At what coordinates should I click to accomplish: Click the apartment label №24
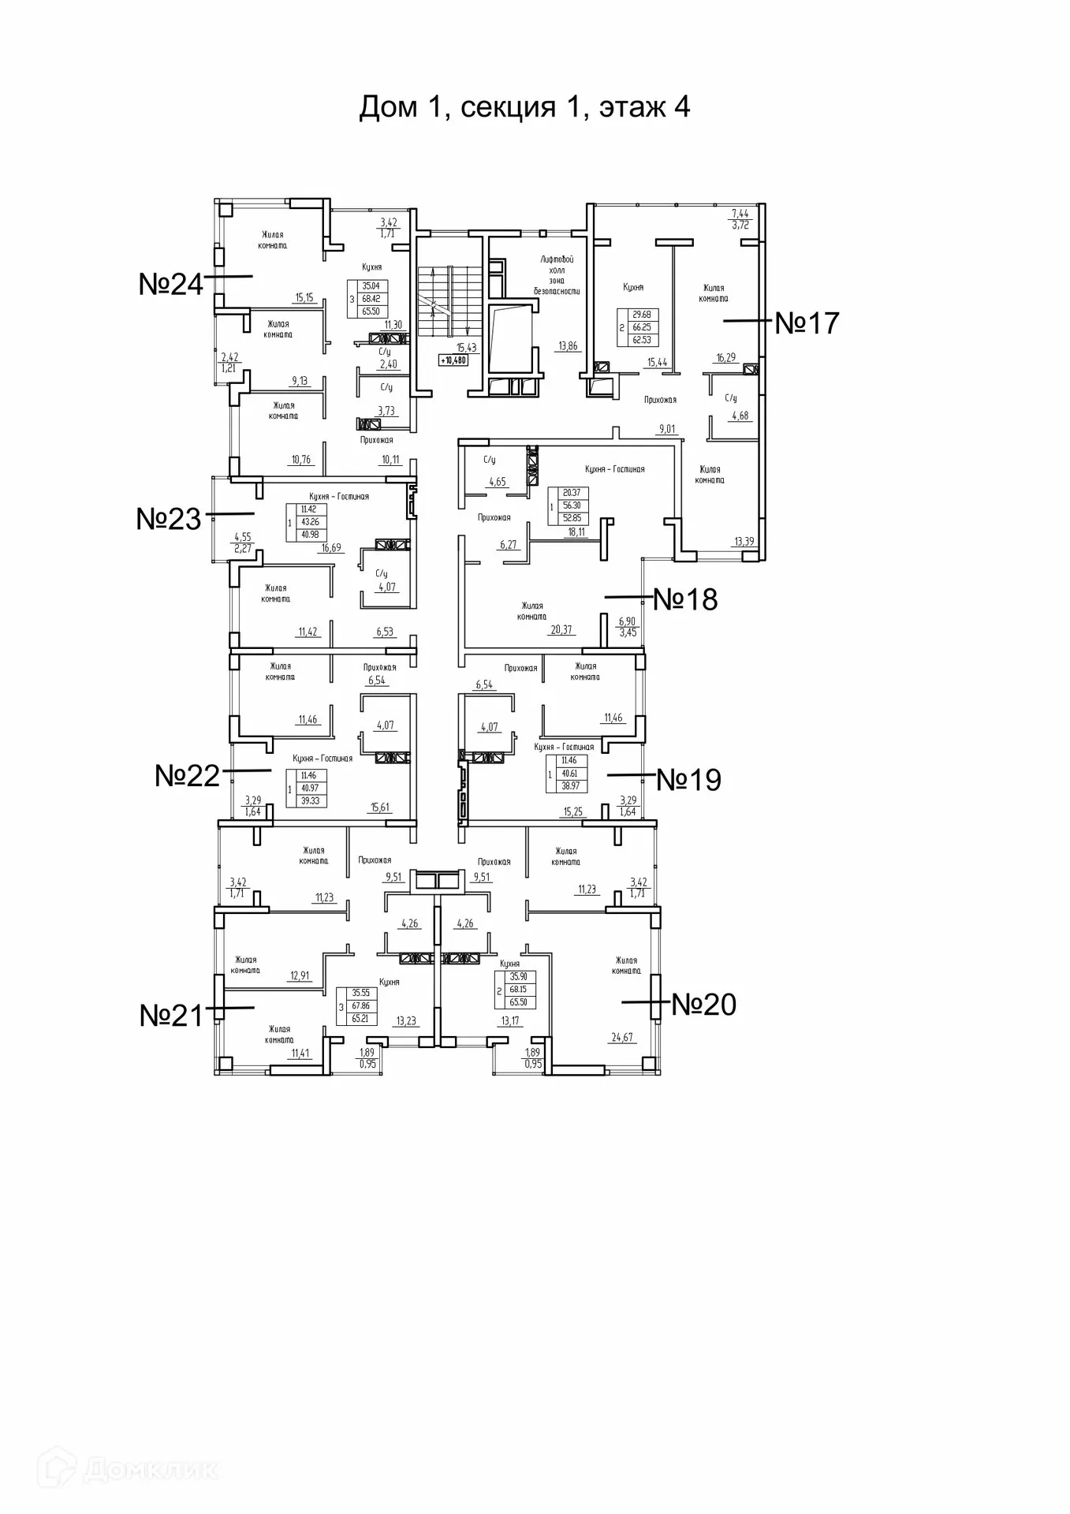(x=170, y=284)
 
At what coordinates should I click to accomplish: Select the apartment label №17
(x=807, y=323)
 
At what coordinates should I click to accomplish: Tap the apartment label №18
(x=685, y=599)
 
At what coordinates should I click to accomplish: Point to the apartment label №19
(x=688, y=780)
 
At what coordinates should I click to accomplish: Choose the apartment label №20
(x=703, y=1005)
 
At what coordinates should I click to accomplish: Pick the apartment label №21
(x=171, y=1016)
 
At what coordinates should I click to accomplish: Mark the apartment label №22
(x=187, y=775)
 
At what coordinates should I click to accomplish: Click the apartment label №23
(x=169, y=519)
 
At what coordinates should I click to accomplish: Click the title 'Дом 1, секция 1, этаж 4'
(x=524, y=106)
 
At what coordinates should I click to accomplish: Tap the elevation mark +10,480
(x=453, y=360)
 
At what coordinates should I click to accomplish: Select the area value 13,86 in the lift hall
(x=568, y=345)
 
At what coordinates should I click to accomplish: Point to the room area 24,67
(x=621, y=1037)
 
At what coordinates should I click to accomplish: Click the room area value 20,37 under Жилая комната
(x=561, y=629)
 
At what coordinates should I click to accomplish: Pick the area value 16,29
(x=725, y=357)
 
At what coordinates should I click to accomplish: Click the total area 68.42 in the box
(x=371, y=299)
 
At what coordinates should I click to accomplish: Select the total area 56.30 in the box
(x=572, y=506)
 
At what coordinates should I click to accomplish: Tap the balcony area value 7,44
(x=740, y=213)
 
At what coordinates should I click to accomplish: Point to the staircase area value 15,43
(x=467, y=347)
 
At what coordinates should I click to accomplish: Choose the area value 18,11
(x=576, y=531)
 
